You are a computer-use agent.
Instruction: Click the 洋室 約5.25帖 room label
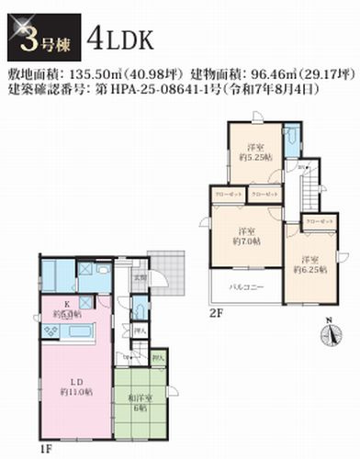pyautogui.click(x=256, y=152)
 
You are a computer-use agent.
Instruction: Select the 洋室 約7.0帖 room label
pyautogui.click(x=245, y=235)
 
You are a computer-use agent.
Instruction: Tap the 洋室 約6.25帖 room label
pyautogui.click(x=308, y=263)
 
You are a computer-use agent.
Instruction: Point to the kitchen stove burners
pyautogui.click(x=49, y=326)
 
